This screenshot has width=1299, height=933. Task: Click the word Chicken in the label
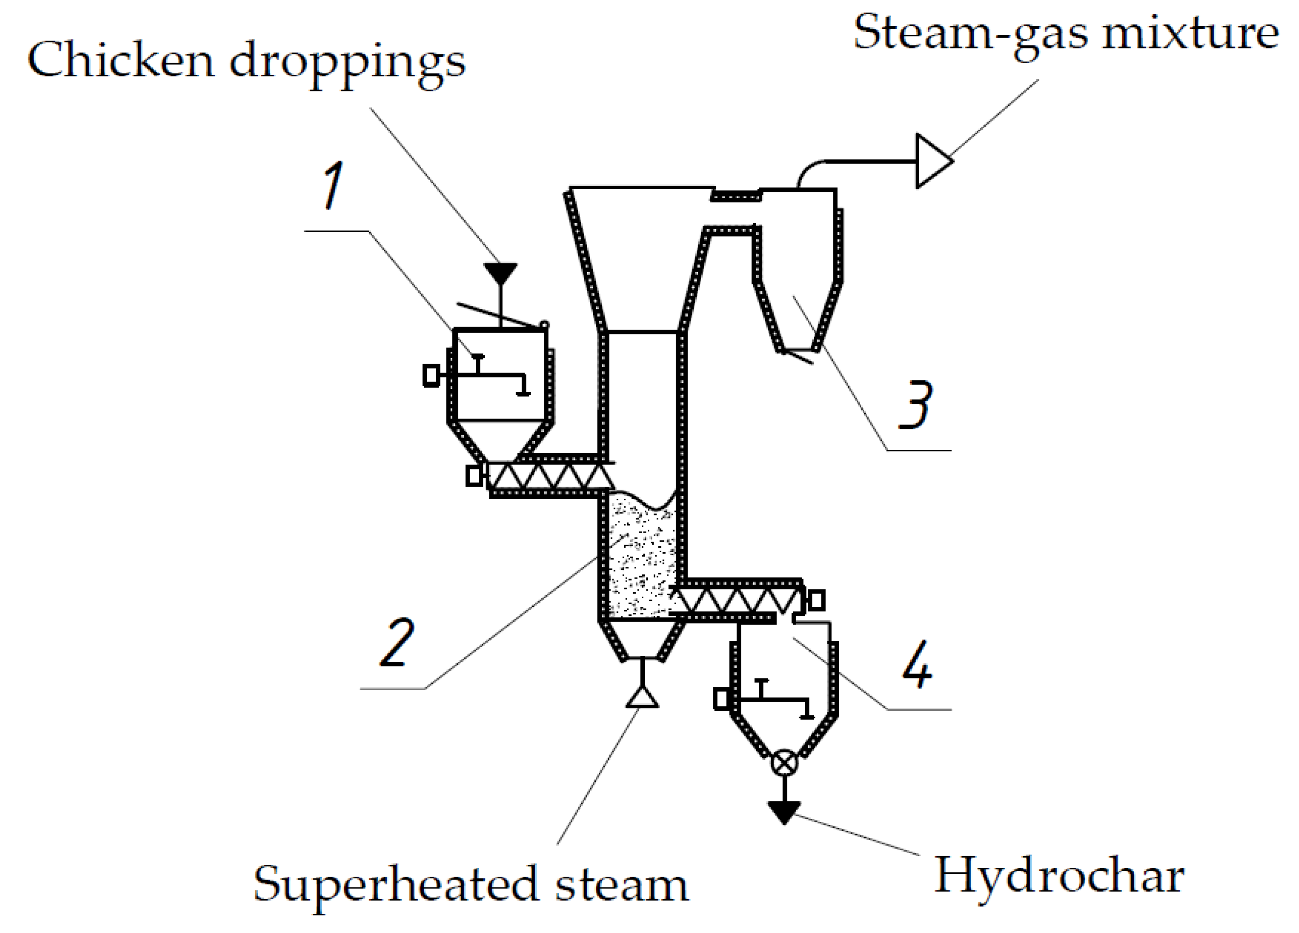pos(120,60)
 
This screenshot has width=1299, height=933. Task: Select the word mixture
pos(1190,33)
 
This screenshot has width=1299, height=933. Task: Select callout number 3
pos(916,405)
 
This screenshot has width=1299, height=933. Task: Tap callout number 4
pos(917,664)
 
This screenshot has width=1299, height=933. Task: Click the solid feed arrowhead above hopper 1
pos(500,273)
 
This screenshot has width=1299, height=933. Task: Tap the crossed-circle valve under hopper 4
pos(784,763)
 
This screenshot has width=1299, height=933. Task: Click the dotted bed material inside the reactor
pos(641,561)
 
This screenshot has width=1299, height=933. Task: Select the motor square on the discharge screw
pos(816,600)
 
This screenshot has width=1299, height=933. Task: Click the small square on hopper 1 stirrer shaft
pos(431,376)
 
